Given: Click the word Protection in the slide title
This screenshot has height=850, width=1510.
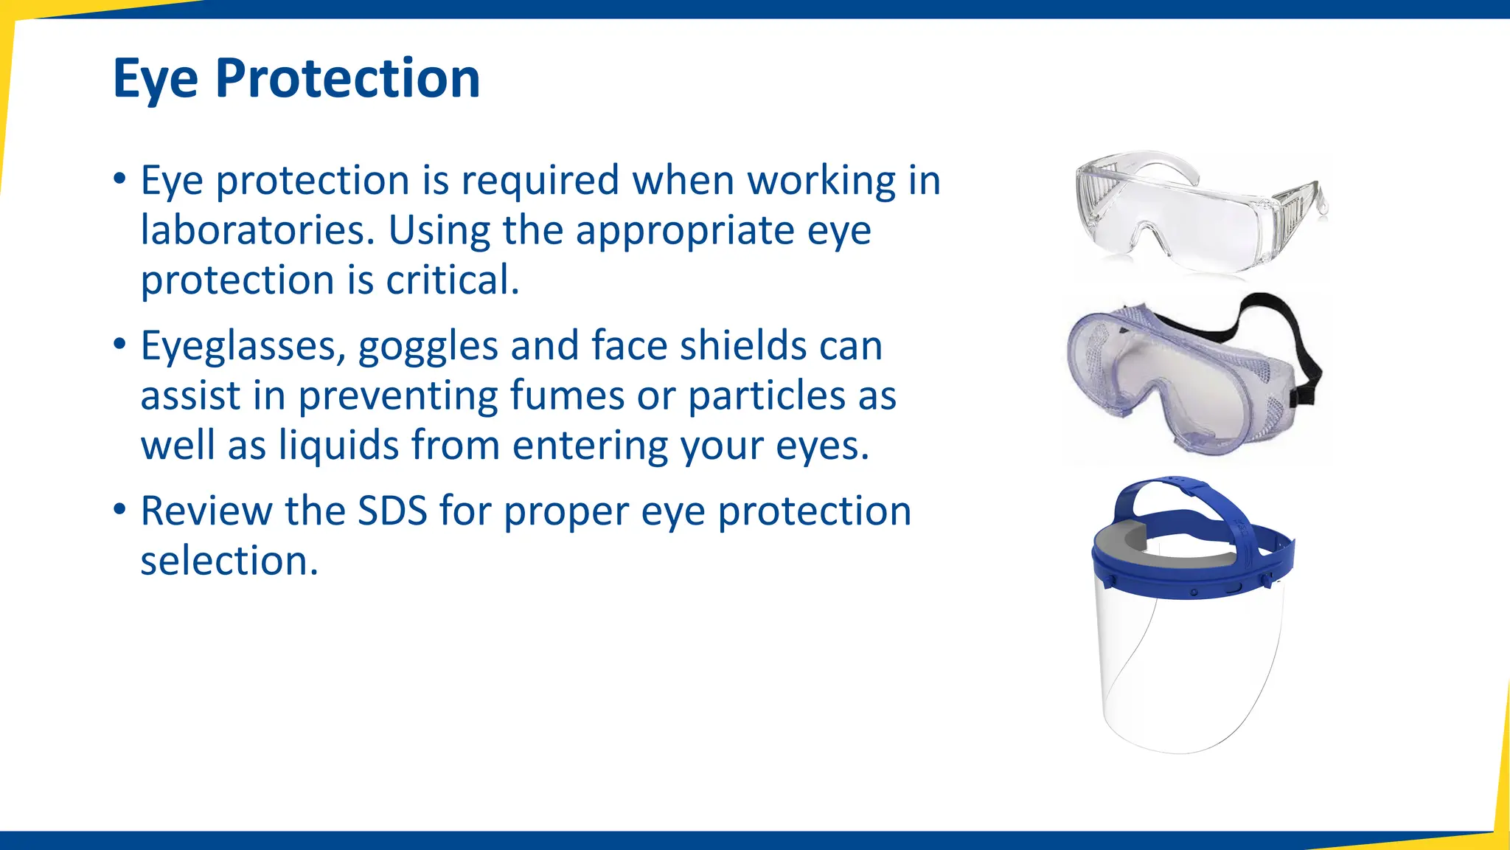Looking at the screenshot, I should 347,78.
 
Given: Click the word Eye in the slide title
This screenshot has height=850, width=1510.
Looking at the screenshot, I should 156,80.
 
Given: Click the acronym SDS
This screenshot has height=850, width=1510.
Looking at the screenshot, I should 392,511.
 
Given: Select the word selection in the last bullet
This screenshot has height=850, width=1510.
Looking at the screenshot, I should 229,561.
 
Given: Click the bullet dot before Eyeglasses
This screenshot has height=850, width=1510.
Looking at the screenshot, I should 119,345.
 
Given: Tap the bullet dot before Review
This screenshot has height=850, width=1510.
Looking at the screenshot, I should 119,510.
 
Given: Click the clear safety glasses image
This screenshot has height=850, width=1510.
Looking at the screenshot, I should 1194,214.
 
